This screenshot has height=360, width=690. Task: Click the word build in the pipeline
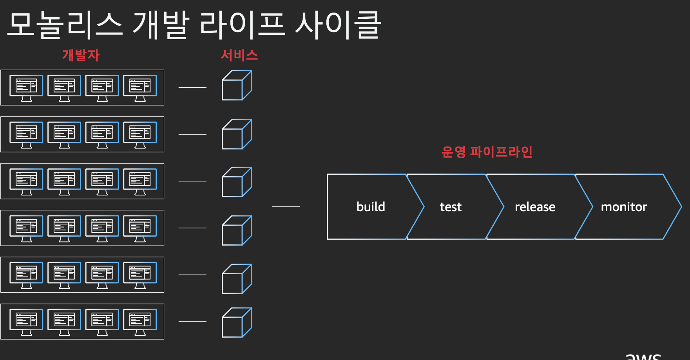pyautogui.click(x=371, y=206)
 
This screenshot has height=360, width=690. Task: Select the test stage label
pyautogui.click(x=451, y=207)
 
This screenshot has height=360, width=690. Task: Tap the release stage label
pyautogui.click(x=535, y=207)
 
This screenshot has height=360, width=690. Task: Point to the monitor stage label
pyautogui.click(x=624, y=207)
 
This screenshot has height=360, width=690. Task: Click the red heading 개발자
pyautogui.click(x=81, y=55)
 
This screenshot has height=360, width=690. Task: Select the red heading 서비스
pyautogui.click(x=239, y=55)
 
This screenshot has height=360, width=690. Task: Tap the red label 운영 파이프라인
pyautogui.click(x=487, y=152)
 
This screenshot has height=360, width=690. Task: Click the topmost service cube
pyautogui.click(x=237, y=85)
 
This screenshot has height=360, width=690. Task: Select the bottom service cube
pyautogui.click(x=237, y=322)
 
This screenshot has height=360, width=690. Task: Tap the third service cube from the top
pyautogui.click(x=237, y=182)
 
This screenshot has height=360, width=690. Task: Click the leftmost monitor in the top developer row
pyautogui.click(x=26, y=88)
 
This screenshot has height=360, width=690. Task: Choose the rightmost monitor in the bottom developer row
pyautogui.click(x=140, y=322)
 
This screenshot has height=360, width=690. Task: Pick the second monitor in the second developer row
pyautogui.click(x=64, y=134)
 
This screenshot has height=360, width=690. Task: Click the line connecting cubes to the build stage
pyautogui.click(x=286, y=206)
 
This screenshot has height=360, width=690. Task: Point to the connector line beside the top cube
pyautogui.click(x=192, y=87)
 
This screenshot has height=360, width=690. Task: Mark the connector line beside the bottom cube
pyautogui.click(x=192, y=322)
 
